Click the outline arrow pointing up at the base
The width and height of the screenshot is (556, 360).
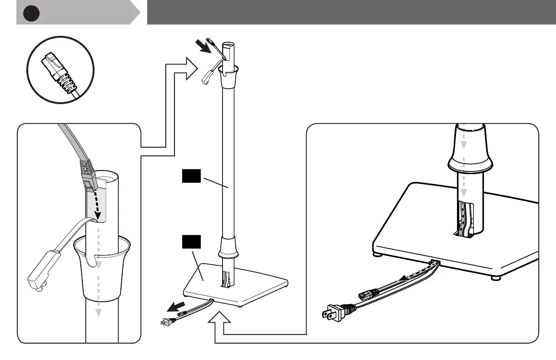[x=219, y=320]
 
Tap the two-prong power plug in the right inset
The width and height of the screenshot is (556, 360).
[x=336, y=312]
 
